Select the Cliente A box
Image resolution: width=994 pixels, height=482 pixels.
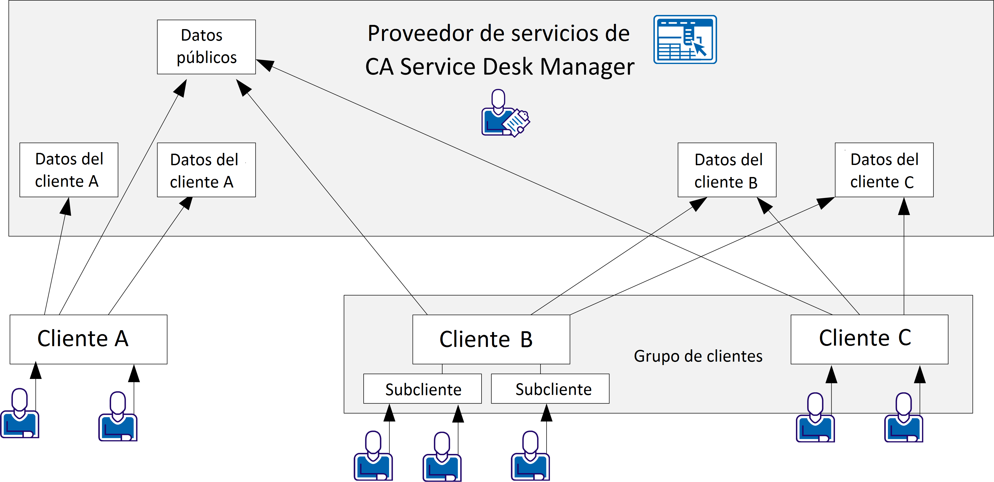[88, 339]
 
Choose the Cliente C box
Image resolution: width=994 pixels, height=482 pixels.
[869, 339]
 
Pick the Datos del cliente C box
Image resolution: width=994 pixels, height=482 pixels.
[884, 170]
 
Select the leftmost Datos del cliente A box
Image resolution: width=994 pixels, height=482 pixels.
[69, 170]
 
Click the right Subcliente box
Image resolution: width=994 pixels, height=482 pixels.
[550, 389]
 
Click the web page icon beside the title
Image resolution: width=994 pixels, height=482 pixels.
[685, 39]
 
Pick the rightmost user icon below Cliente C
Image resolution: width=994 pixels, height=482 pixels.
[903, 418]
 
